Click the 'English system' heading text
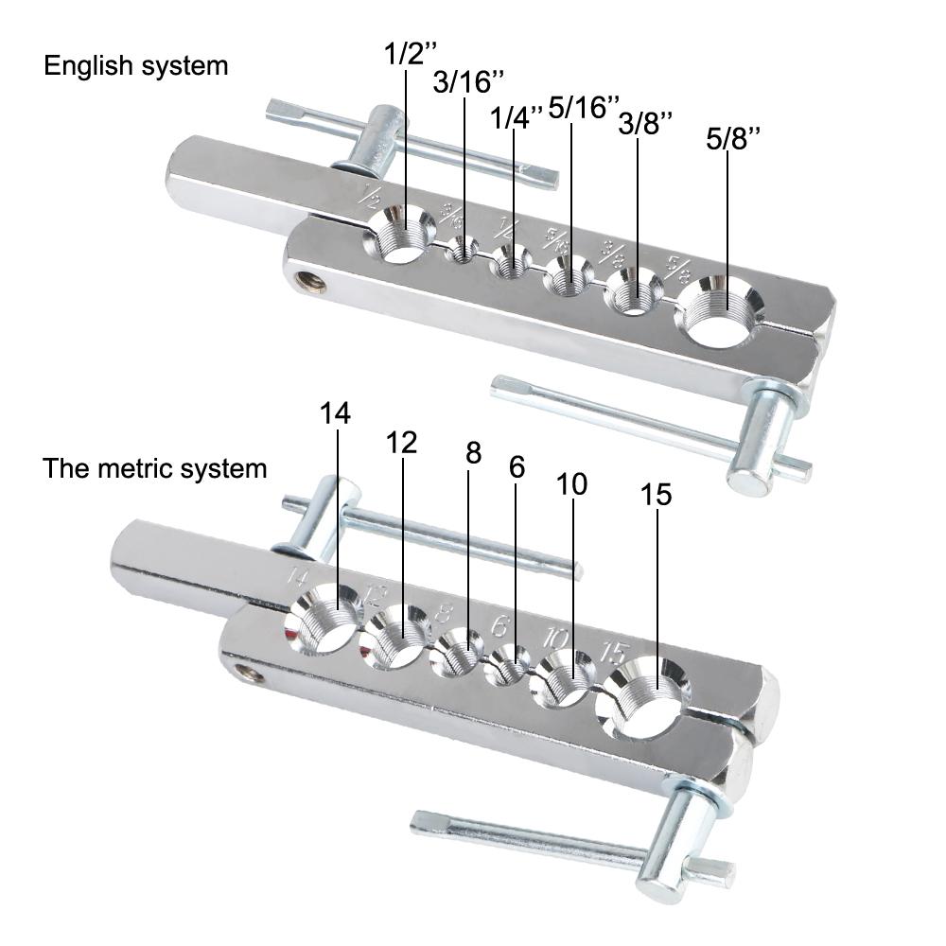(x=136, y=66)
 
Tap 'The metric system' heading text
(x=155, y=468)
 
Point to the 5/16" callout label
(x=584, y=107)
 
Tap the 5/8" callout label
(x=733, y=139)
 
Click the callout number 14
(x=335, y=413)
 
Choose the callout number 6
(x=516, y=466)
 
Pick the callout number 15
(x=657, y=495)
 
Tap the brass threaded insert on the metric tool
(x=249, y=674)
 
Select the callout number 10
(x=571, y=484)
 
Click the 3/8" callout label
(x=646, y=123)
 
